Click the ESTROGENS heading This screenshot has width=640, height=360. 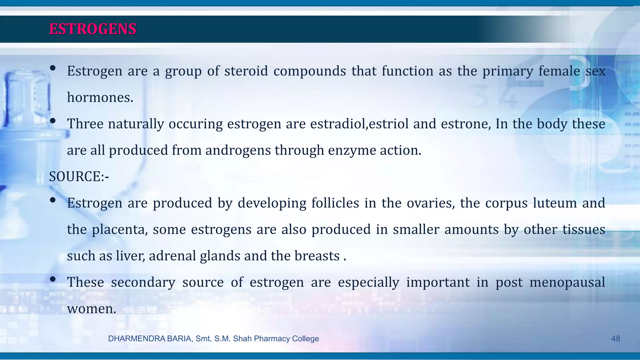[x=92, y=29]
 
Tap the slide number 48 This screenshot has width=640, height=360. [x=615, y=339]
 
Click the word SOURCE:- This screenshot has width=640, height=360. [x=79, y=177]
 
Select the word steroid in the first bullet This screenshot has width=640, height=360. [x=246, y=71]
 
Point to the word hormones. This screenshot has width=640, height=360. [x=100, y=97]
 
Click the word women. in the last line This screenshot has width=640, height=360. [x=92, y=309]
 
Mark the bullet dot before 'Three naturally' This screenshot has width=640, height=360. [x=52, y=121]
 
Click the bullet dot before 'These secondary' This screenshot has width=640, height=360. [x=52, y=279]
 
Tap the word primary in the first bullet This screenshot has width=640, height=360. [x=507, y=71]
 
